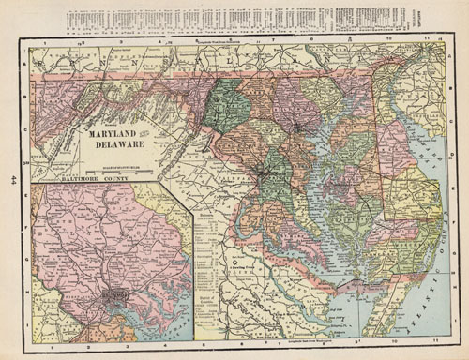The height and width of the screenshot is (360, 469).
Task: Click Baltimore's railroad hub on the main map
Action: (297, 125)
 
